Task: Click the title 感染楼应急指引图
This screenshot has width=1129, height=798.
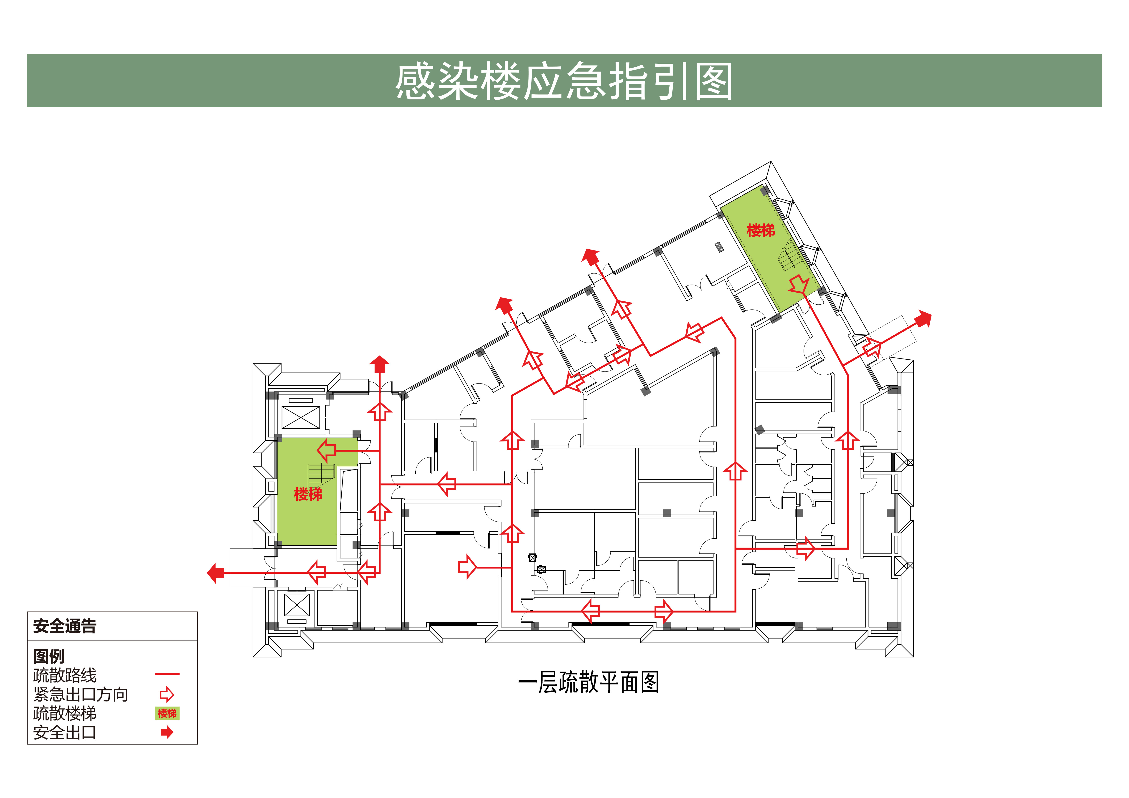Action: [564, 81]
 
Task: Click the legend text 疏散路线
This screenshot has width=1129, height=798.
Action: [65, 675]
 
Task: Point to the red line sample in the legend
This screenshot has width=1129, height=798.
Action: [167, 674]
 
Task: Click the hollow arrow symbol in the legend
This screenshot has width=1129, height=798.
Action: [167, 694]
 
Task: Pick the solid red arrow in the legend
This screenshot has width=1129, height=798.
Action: [167, 732]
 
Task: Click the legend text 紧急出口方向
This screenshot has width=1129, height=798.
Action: [81, 694]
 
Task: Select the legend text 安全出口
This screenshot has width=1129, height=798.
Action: [65, 732]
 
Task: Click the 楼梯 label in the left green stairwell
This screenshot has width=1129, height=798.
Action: [308, 494]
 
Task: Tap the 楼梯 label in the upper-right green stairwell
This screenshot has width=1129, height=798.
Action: [761, 230]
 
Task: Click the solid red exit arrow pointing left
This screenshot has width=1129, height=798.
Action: [216, 573]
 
